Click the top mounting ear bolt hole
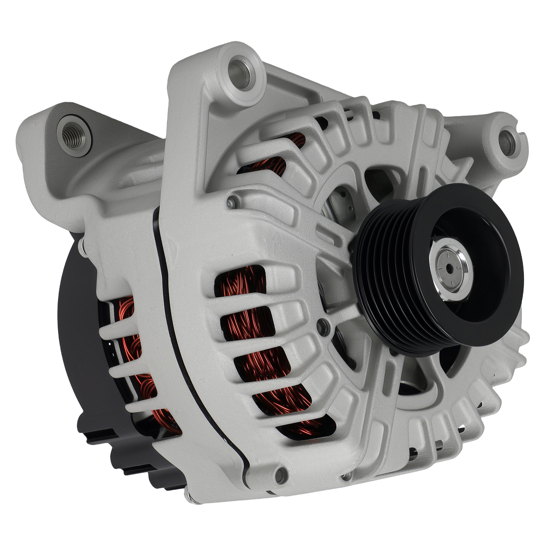tap(242, 73)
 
